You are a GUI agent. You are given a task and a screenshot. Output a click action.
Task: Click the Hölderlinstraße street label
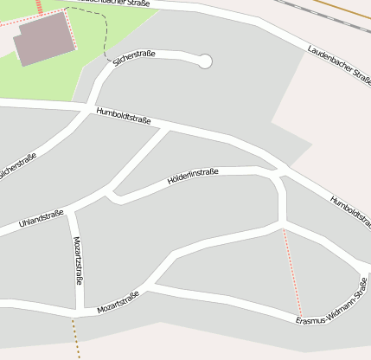(192, 177)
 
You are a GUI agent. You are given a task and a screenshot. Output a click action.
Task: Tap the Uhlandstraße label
(41, 221)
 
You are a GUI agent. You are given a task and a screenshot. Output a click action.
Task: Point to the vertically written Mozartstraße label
(79, 260)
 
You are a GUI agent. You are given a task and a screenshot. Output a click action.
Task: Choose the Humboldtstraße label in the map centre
(125, 116)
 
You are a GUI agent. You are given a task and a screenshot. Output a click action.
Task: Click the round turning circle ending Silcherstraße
(205, 61)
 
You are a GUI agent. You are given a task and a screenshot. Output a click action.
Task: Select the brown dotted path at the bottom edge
(75, 337)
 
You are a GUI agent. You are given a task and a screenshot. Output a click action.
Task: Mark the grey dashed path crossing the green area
(97, 35)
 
